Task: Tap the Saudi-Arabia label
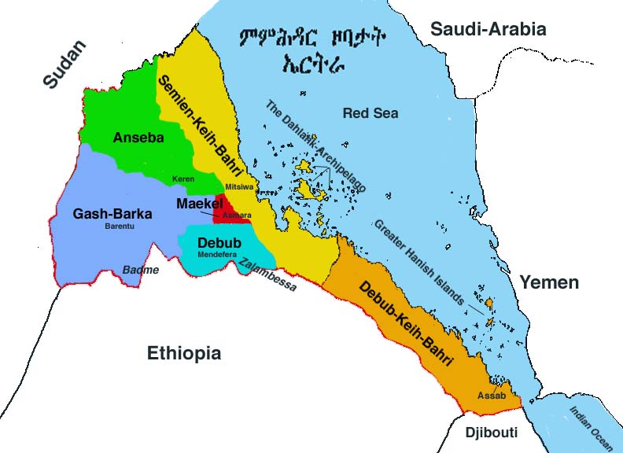click(x=488, y=29)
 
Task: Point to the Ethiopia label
click(x=184, y=353)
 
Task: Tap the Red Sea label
click(x=370, y=113)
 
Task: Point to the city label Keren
click(x=184, y=179)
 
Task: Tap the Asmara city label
click(x=237, y=214)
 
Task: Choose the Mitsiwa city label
click(x=240, y=186)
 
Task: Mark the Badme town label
click(x=140, y=270)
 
